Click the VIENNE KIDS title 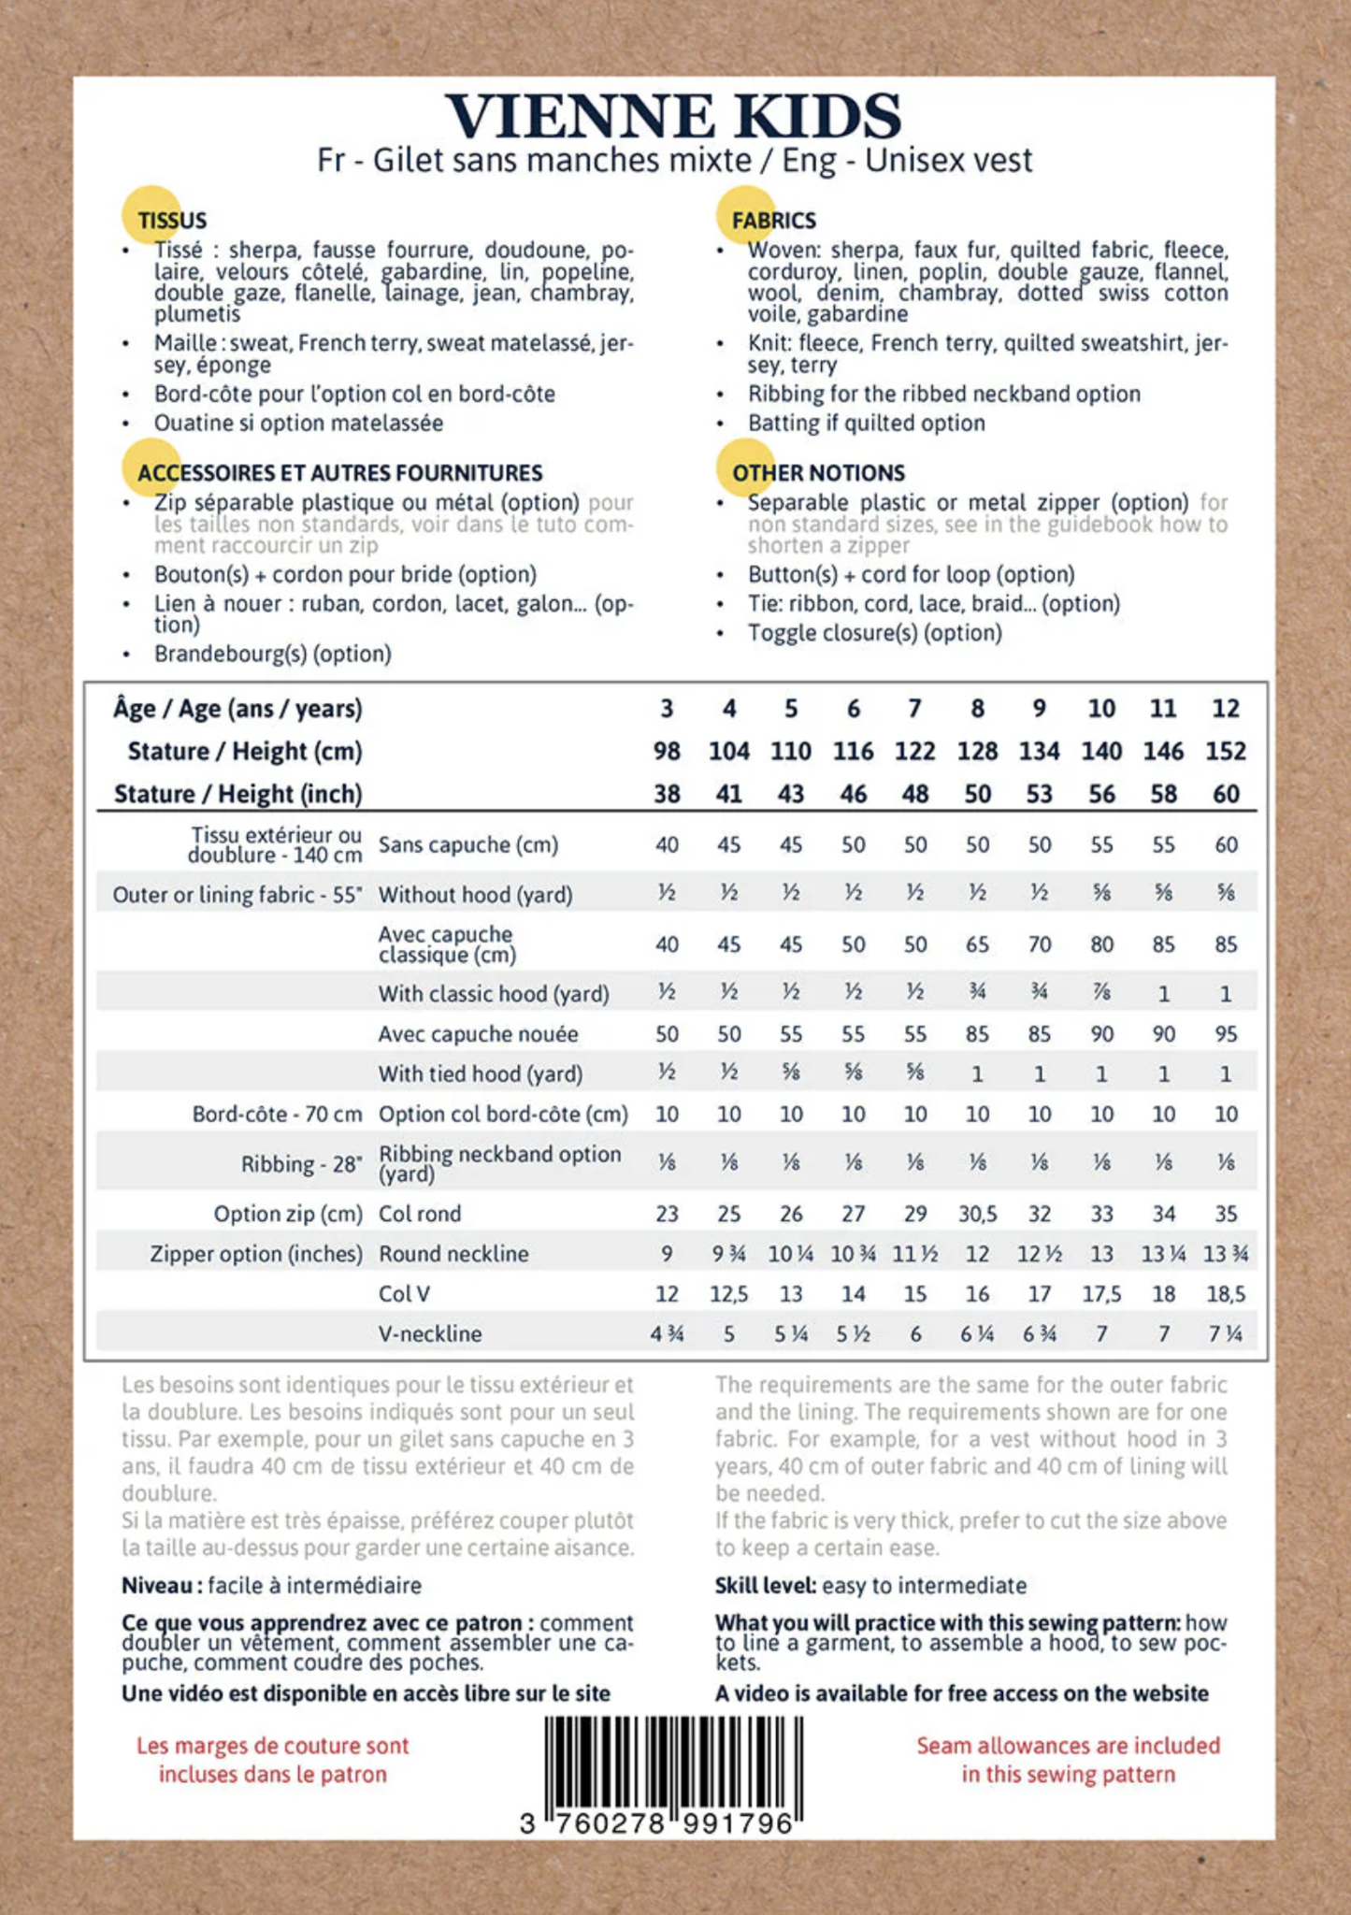(x=673, y=116)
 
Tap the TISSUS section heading (x=172, y=221)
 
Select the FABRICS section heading (x=773, y=221)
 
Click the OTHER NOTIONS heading (x=818, y=473)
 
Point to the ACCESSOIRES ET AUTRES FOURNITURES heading (x=339, y=473)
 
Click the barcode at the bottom (x=673, y=1767)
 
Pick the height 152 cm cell (x=1225, y=751)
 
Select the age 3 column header (x=667, y=709)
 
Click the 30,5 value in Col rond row (x=977, y=1214)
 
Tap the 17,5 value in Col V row (x=1101, y=1294)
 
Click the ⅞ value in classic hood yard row (x=1101, y=994)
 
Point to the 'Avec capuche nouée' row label (x=478, y=1034)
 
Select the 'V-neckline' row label (x=430, y=1333)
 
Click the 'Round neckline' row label (x=453, y=1254)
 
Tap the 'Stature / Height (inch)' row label (x=237, y=794)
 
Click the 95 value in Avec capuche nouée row (x=1225, y=1034)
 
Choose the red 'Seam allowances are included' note (x=1068, y=1760)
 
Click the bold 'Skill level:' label (x=766, y=1586)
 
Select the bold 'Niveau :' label (x=162, y=1586)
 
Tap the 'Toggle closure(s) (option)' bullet (x=874, y=633)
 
